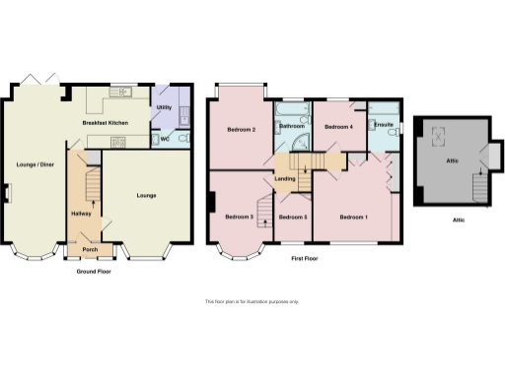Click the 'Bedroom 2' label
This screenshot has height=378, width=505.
click(x=242, y=130)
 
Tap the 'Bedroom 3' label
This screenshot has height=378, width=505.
click(x=239, y=217)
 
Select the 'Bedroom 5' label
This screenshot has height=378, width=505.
click(x=293, y=217)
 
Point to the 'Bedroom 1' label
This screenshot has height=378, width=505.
click(x=354, y=217)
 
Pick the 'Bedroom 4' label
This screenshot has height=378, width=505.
click(x=339, y=127)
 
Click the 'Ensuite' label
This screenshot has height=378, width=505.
click(x=384, y=125)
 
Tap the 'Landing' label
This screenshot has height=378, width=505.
click(x=286, y=178)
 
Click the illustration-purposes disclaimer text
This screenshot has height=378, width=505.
click(x=252, y=301)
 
